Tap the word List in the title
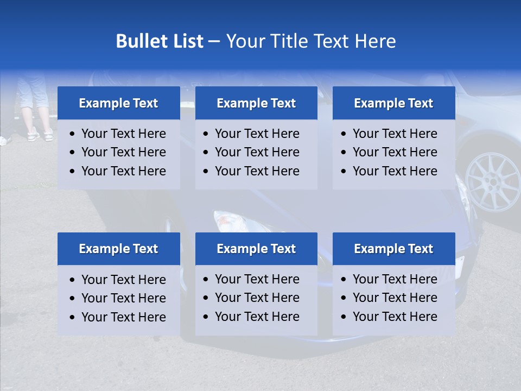tap(186, 41)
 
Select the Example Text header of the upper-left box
tap(118, 103)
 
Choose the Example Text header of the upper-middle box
tap(256, 103)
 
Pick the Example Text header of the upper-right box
tap(393, 103)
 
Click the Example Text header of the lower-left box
tap(118, 249)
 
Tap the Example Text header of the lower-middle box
tap(256, 249)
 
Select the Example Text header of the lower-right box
tap(393, 249)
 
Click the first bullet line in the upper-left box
tap(123, 134)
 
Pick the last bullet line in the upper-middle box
tap(257, 171)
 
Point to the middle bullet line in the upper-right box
tap(395, 152)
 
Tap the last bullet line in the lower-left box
tap(123, 317)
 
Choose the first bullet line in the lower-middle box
tap(257, 279)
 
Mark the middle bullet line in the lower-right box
tap(395, 298)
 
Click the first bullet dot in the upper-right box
tap(344, 134)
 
